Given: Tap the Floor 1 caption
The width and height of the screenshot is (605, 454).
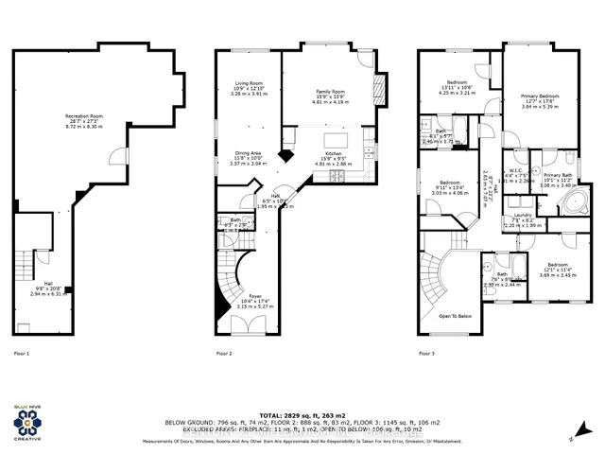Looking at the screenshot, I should pyautogui.click(x=22, y=354).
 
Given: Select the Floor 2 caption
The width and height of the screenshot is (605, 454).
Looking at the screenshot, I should pyautogui.click(x=224, y=354).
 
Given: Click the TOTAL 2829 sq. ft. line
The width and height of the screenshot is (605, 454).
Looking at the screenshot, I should pyautogui.click(x=303, y=415).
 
